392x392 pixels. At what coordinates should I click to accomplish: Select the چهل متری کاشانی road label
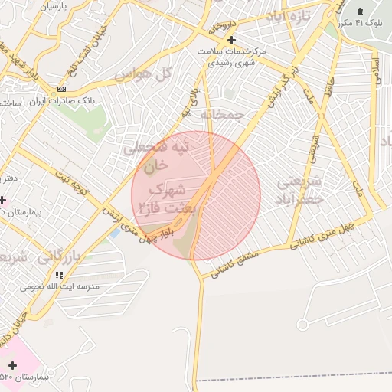(322, 236)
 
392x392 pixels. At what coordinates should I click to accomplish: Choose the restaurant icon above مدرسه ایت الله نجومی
(59, 274)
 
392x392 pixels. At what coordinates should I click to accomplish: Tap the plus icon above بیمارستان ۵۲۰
(12, 366)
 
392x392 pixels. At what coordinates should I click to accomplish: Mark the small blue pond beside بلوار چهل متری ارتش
(115, 230)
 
